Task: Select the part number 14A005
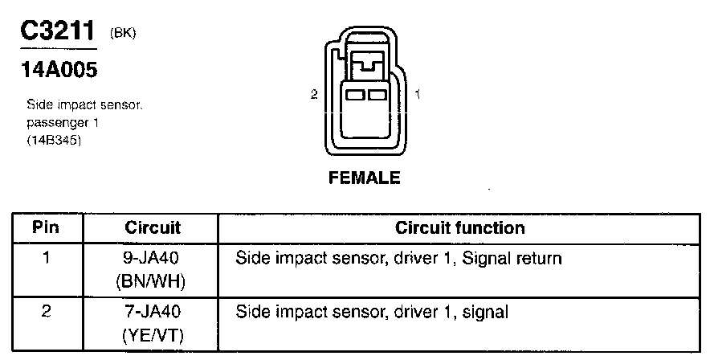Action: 58,71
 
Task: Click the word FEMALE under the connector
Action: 364,178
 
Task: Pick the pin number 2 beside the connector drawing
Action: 314,95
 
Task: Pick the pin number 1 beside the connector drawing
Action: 418,95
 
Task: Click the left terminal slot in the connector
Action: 355,95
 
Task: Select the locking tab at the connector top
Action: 366,64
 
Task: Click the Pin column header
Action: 47,227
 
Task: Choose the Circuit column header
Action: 153,227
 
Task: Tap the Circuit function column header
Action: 459,227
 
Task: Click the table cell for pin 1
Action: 47,260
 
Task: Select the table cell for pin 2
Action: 47,310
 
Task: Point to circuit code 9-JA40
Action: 153,260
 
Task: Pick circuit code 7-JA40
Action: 153,310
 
